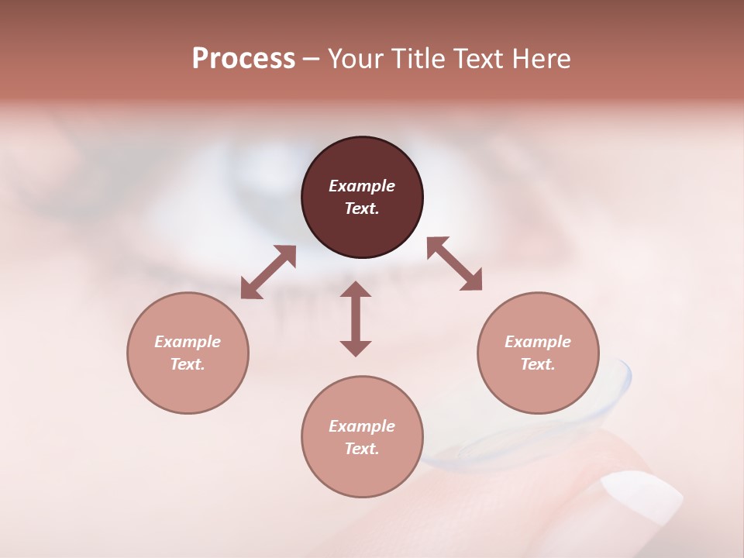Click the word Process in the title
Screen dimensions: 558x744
tap(243, 59)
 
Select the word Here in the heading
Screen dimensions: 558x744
tap(540, 59)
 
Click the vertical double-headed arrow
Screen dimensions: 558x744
tap(356, 319)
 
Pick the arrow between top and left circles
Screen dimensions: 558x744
tap(268, 272)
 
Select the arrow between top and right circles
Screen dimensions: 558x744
tap(454, 263)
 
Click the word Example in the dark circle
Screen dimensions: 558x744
tap(362, 186)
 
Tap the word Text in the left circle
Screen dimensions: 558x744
tap(188, 364)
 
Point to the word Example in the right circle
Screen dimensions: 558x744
tap(538, 342)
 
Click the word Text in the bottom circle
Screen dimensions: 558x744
tap(362, 449)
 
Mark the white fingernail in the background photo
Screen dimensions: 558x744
tap(642, 496)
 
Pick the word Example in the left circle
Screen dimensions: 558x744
tap(188, 342)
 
